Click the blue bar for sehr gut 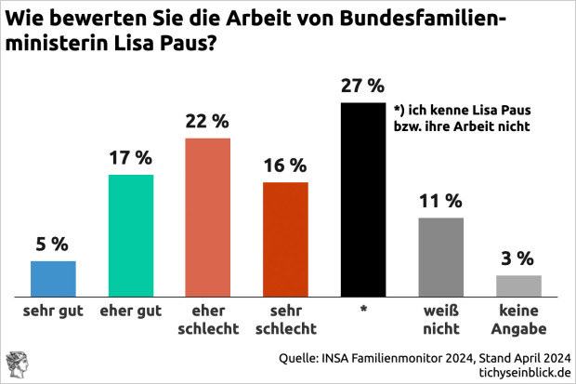point(53,276)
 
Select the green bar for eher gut point(131,232)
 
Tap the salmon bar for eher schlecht point(208,215)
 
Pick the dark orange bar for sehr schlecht point(285,237)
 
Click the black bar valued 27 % point(362,197)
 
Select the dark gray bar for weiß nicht point(440,255)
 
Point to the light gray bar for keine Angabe point(517,284)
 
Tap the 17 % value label point(131,158)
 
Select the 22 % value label point(208,121)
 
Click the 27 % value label point(362,86)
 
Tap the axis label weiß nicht point(440,320)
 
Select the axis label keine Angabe point(517,320)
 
